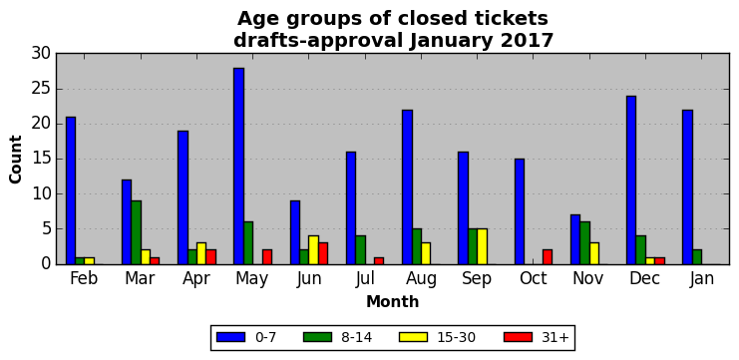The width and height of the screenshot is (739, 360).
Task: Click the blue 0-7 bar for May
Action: click(238, 166)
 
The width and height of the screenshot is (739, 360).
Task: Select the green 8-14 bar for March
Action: click(136, 232)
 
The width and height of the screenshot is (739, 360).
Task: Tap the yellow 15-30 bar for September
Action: click(482, 246)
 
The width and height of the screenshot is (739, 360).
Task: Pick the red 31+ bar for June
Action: click(322, 253)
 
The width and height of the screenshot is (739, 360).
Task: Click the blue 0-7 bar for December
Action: click(631, 180)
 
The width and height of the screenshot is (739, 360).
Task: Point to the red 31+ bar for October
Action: click(548, 257)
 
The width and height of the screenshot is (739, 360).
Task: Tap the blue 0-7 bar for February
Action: click(71, 190)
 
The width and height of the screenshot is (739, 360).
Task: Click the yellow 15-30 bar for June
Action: click(313, 249)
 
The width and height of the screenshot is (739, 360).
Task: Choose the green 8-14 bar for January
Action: click(696, 257)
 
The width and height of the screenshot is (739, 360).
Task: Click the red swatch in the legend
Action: click(518, 337)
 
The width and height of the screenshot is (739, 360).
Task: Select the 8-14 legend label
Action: click(356, 337)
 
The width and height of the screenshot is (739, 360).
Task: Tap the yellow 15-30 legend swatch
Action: click(413, 337)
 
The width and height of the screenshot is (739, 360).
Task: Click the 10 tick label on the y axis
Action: click(41, 194)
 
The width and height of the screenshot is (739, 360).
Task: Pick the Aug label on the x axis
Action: click(421, 279)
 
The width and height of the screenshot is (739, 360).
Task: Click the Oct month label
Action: click(533, 278)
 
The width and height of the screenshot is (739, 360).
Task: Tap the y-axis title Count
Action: click(16, 160)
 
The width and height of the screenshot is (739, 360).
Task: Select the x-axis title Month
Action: click(393, 301)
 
